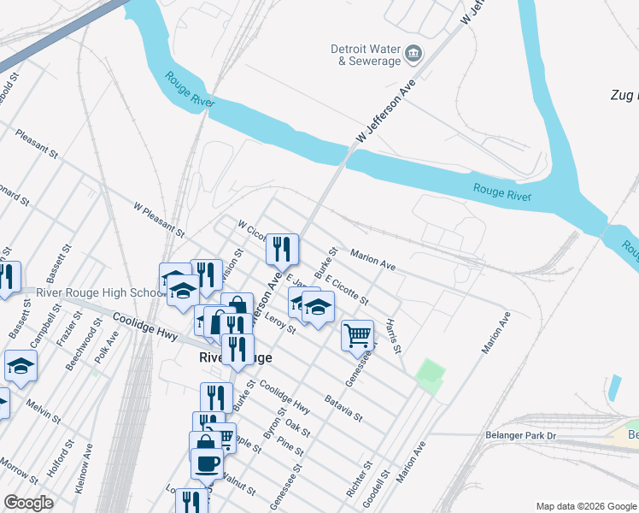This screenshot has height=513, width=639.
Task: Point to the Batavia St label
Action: [x=344, y=408]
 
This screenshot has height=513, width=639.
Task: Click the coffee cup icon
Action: [x=206, y=463]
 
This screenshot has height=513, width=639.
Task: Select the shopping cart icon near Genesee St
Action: [x=357, y=334]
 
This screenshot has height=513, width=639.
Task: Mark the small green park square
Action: [x=431, y=375]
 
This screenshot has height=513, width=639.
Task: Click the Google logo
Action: [x=28, y=503]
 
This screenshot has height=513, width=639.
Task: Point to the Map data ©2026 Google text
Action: [x=586, y=506]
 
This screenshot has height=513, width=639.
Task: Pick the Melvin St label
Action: [x=42, y=410]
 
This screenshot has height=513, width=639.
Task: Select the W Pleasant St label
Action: [x=159, y=219]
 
